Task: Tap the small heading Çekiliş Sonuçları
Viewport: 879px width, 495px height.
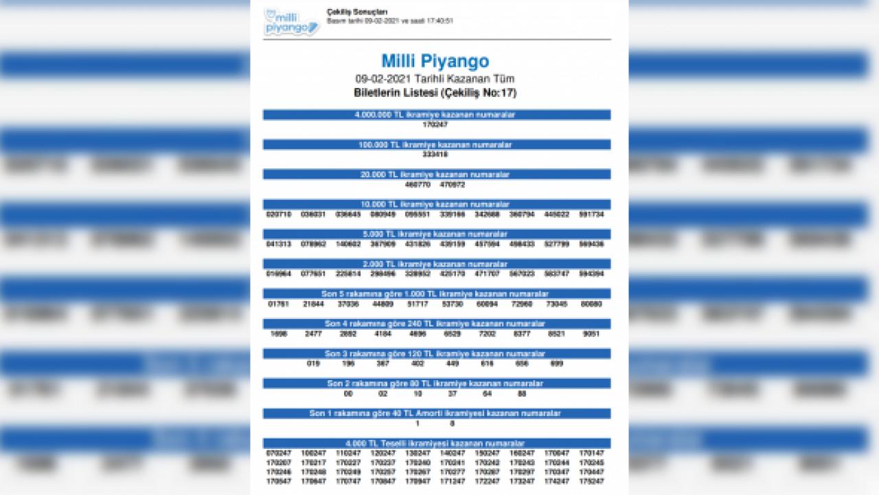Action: coord(357,12)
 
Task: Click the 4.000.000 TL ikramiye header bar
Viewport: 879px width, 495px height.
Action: coord(436,115)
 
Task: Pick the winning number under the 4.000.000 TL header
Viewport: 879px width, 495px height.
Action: coord(436,124)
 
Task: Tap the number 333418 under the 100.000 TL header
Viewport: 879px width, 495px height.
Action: coord(436,154)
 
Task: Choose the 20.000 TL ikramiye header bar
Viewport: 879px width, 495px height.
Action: coord(436,175)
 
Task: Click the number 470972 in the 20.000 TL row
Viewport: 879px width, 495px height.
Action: coord(453,184)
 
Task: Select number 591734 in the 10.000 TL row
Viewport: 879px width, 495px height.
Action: coord(591,214)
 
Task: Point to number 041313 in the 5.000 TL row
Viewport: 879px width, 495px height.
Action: coord(279,244)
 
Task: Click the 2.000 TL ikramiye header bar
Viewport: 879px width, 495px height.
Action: coord(436,264)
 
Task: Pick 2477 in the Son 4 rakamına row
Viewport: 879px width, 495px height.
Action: coord(314,333)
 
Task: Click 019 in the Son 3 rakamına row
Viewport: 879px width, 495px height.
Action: coord(314,363)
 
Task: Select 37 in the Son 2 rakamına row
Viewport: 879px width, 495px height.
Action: coord(453,393)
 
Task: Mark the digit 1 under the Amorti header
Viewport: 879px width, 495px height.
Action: coord(418,423)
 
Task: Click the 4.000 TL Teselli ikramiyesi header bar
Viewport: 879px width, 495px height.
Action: coord(436,443)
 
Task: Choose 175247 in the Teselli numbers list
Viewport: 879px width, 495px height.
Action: coord(591,482)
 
